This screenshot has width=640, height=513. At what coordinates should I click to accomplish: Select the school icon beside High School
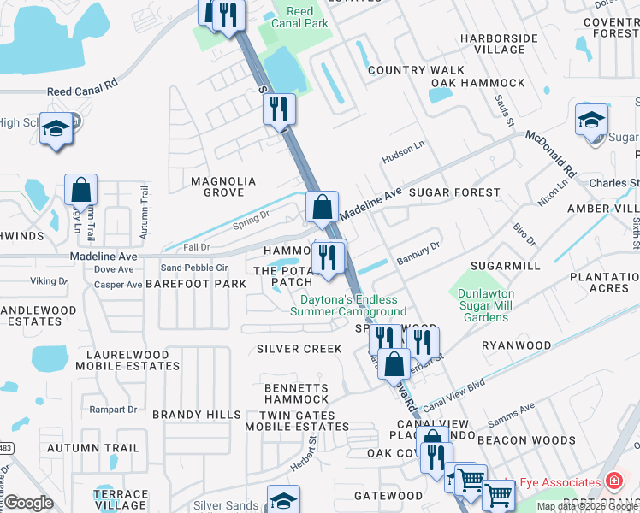56,129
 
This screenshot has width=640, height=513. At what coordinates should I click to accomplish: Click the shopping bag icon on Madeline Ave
322,207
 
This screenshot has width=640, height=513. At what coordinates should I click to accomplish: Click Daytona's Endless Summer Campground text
353,305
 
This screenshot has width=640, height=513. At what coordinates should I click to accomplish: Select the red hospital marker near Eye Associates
613,481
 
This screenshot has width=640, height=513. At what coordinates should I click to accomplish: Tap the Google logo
29,503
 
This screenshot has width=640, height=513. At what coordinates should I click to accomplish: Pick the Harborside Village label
499,44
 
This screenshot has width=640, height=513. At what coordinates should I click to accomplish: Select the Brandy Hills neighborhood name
197,415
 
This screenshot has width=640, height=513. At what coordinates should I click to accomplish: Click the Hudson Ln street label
404,152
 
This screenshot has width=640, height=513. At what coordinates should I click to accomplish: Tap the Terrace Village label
121,500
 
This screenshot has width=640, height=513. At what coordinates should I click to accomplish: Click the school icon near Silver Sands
283,500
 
